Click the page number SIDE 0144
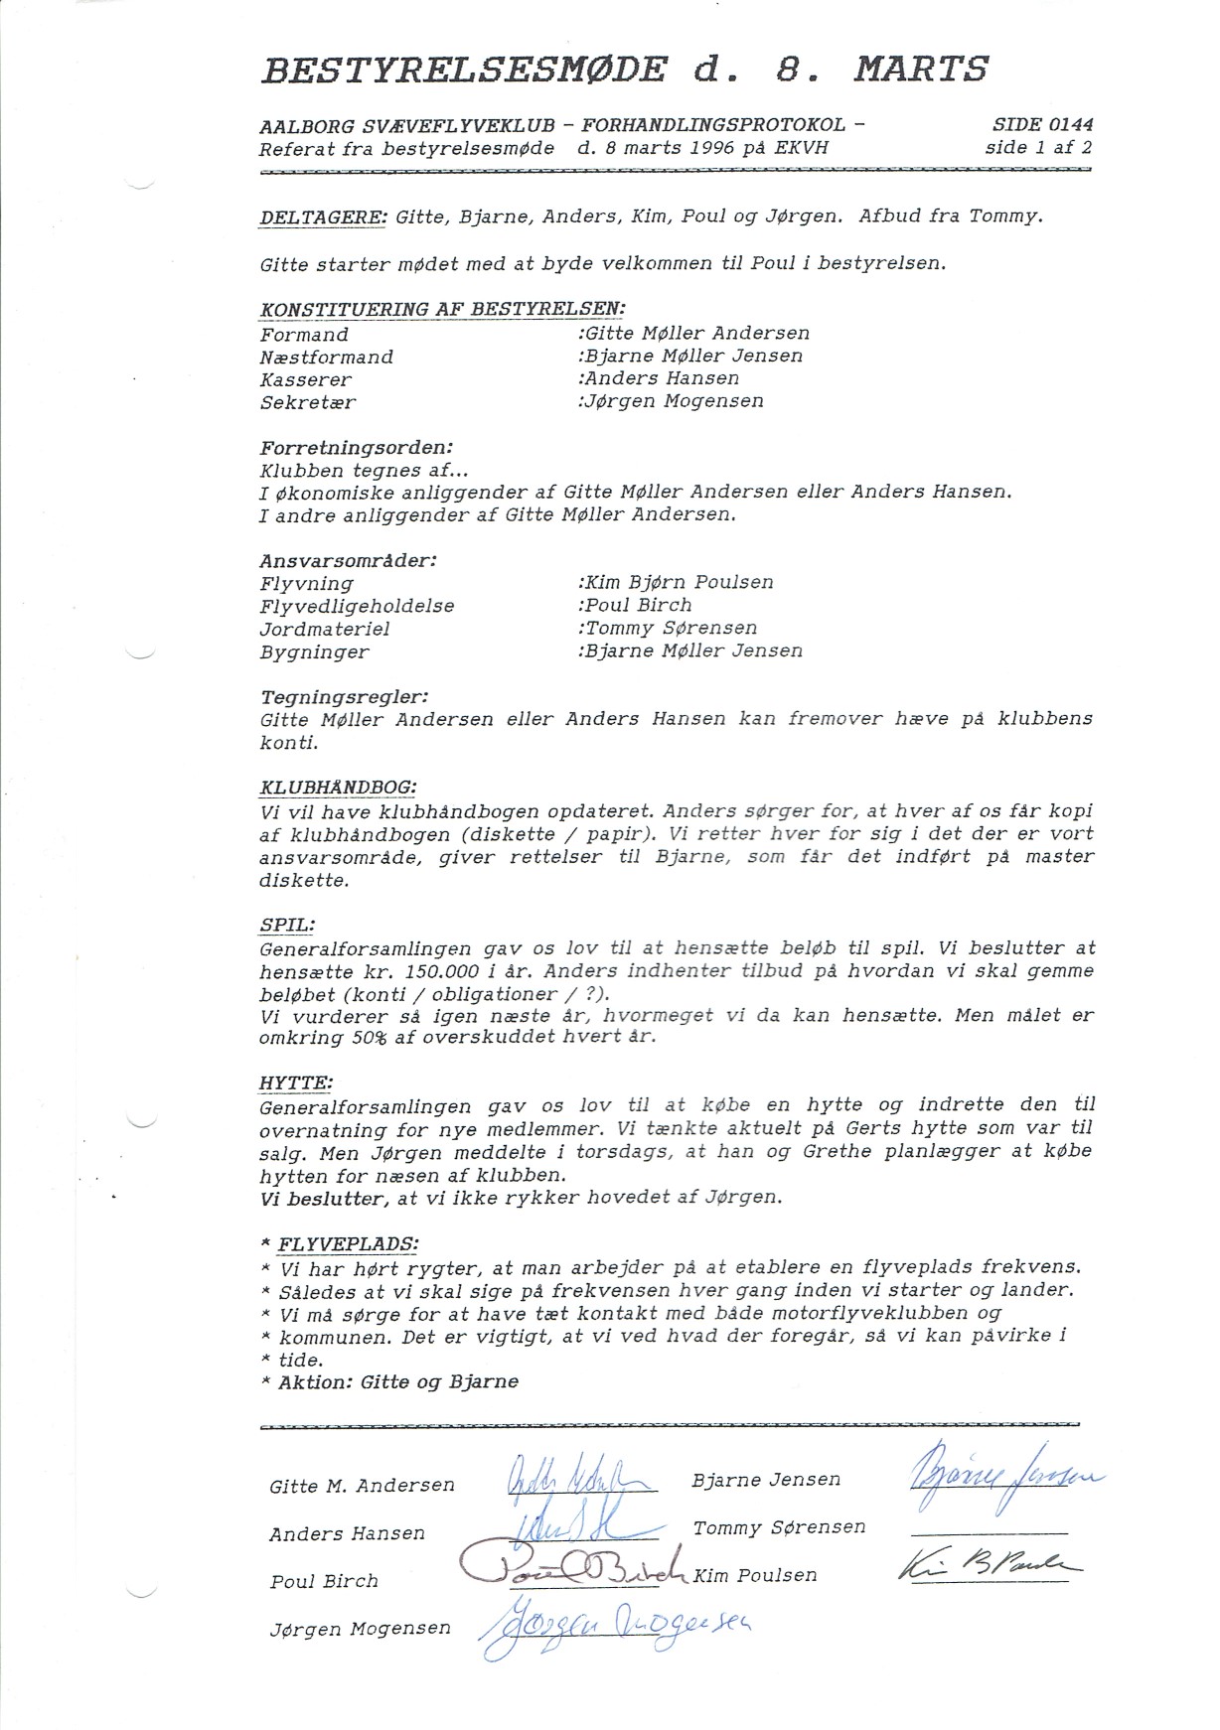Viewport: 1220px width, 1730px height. click(1042, 125)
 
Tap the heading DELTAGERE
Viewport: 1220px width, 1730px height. click(322, 217)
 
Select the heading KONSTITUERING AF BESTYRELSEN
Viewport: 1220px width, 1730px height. click(442, 309)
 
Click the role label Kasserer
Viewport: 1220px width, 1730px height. click(306, 380)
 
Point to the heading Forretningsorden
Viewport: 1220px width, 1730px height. click(357, 448)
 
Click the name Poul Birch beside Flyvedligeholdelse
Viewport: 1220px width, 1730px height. click(638, 606)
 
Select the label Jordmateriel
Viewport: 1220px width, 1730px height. click(325, 630)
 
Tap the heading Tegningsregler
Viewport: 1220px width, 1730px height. click(344, 697)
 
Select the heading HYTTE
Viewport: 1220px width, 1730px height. click(296, 1082)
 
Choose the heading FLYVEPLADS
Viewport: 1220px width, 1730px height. click(348, 1244)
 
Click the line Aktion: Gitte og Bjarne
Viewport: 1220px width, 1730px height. click(397, 1382)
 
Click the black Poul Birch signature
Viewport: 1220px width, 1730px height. click(573, 1565)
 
